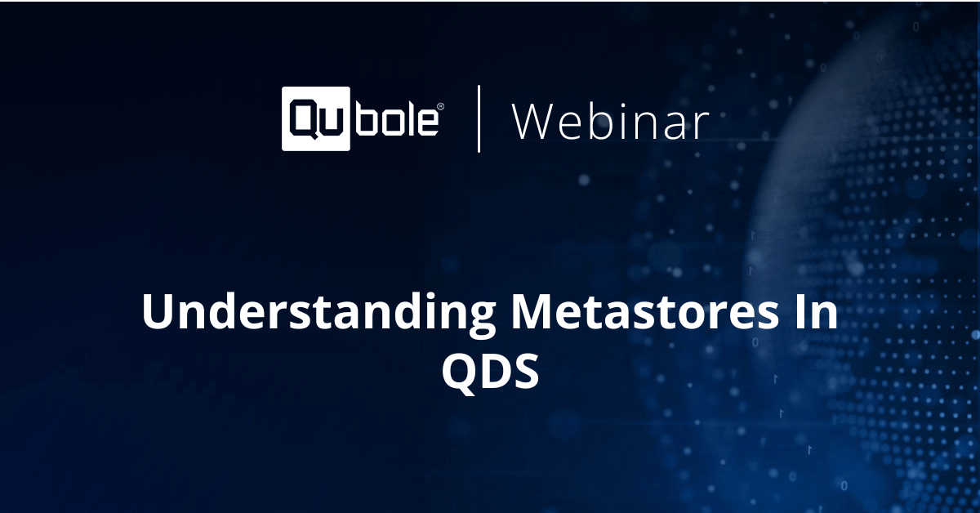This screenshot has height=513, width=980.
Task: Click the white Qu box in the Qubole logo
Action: pos(316,119)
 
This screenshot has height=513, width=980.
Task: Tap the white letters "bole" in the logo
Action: pos(397,119)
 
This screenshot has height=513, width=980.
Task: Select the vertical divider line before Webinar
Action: pos(479,119)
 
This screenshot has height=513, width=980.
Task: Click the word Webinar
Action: pos(610,121)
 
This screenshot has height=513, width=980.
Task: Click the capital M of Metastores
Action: pos(534,313)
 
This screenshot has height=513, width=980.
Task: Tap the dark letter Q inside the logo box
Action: pos(303,119)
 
